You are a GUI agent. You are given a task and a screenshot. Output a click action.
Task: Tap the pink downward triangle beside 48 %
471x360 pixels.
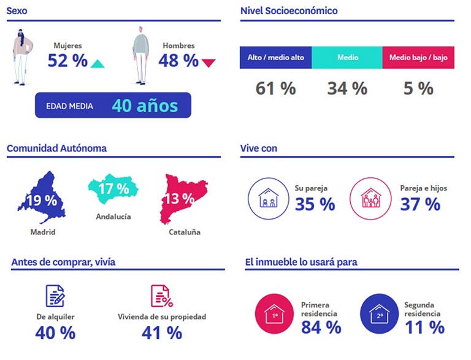209,63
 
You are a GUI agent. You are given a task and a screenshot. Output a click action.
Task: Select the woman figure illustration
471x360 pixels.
23,56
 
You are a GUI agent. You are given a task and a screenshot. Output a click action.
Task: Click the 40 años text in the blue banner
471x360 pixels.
145,105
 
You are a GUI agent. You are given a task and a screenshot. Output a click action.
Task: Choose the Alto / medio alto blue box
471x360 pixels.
275,58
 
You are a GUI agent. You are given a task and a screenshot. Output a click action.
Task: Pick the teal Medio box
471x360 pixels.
347,58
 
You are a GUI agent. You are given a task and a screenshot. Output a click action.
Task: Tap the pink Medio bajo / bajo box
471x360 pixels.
418,58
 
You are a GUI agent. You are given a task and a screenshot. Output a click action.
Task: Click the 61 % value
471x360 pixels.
275,88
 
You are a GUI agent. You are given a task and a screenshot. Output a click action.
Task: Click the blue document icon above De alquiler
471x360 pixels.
55,296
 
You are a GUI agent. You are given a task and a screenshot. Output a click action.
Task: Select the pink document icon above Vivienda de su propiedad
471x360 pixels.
161,296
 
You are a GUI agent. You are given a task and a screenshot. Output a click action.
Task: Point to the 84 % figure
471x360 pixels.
321,327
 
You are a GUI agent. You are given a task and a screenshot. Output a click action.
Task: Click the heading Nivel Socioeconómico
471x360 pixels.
289,10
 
